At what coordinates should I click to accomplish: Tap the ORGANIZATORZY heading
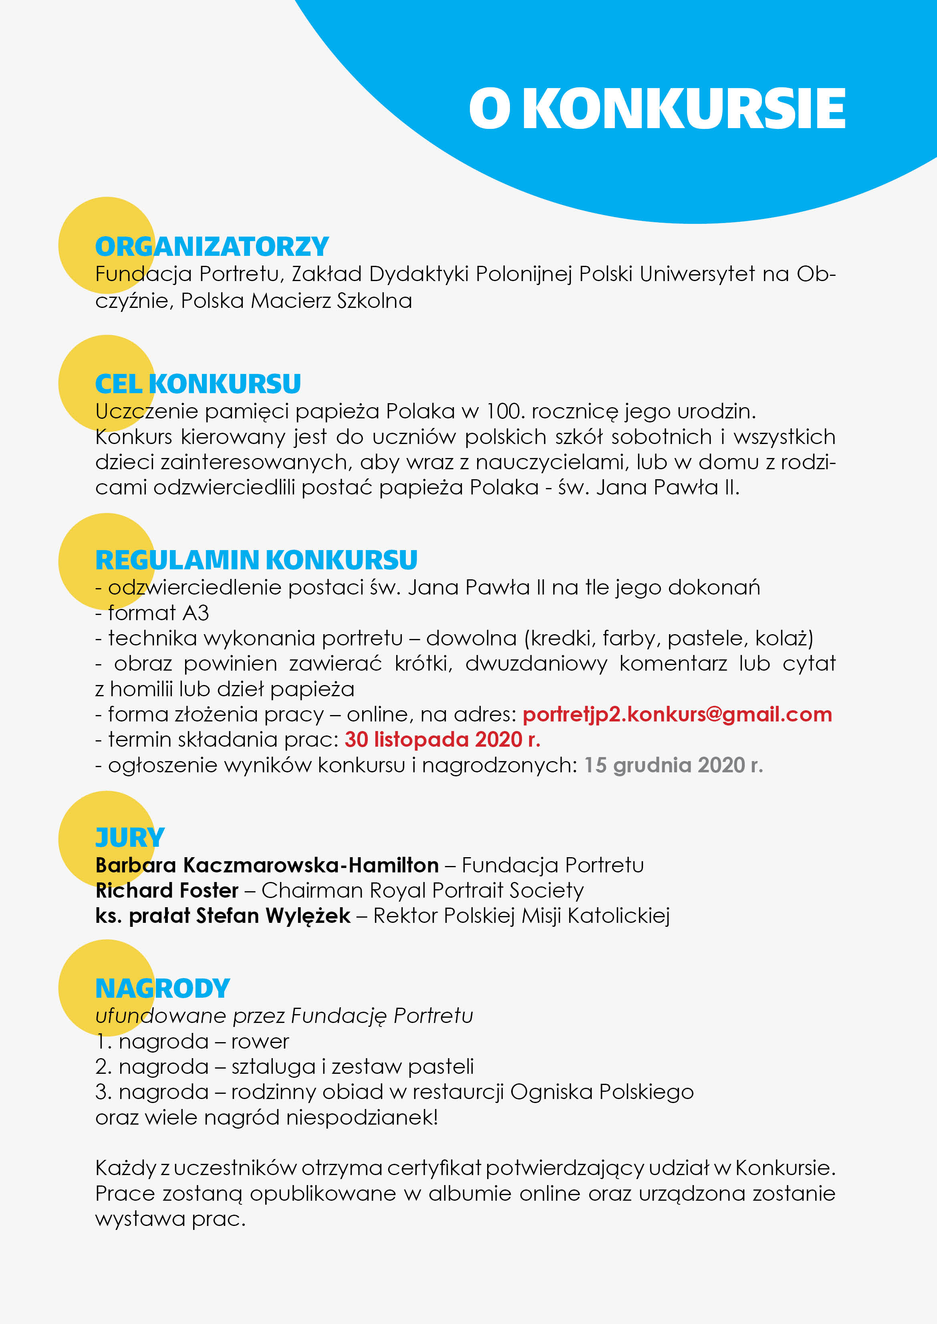point(212,247)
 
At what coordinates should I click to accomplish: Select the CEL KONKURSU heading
point(198,384)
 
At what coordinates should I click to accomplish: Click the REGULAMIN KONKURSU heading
point(256,560)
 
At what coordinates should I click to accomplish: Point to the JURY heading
point(130,838)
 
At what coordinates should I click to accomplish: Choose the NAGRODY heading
point(163,988)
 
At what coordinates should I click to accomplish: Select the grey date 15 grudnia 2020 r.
point(673,765)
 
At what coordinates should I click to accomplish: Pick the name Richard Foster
point(167,890)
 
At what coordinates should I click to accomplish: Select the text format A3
point(158,613)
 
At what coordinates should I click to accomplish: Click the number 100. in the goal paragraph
point(505,412)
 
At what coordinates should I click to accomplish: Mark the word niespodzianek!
point(362,1117)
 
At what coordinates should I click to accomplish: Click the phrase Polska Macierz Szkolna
point(296,301)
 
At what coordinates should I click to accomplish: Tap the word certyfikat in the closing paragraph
point(434,1168)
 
